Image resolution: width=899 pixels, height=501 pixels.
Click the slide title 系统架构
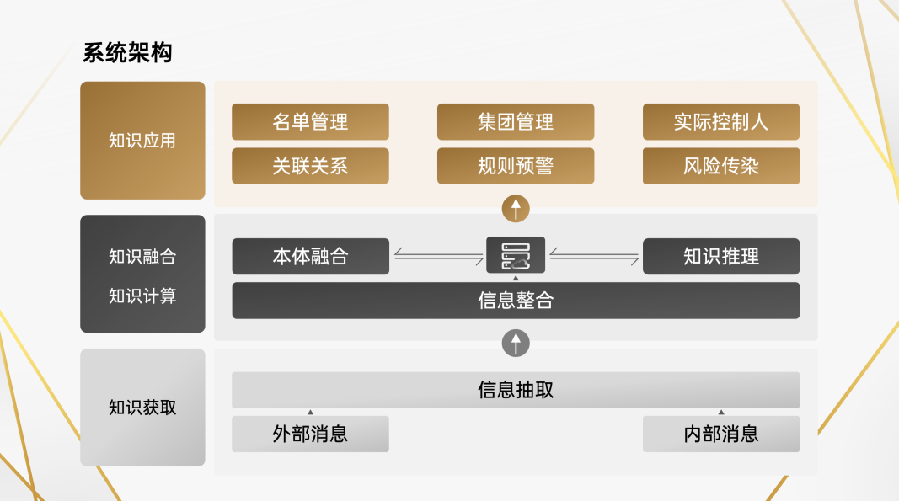coord(127,53)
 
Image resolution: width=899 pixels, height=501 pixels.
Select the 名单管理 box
coord(310,121)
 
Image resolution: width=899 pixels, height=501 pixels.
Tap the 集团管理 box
coord(516,121)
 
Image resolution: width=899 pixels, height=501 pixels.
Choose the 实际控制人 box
coord(720,121)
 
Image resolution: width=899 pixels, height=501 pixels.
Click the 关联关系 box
coord(310,166)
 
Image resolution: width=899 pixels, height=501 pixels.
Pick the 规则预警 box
coord(516,166)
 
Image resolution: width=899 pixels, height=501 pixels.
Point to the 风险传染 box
coord(720,166)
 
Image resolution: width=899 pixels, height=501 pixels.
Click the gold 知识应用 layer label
coord(142,141)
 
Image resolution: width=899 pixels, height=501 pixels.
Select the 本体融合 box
coord(310,256)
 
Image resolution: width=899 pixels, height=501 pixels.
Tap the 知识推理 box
coord(720,256)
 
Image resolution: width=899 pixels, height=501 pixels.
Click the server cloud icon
coord(516,255)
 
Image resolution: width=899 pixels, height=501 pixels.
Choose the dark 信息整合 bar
coord(516,301)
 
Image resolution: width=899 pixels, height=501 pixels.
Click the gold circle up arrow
coord(516,208)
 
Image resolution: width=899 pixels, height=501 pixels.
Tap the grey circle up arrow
coord(516,343)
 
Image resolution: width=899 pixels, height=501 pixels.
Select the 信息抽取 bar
coord(516,390)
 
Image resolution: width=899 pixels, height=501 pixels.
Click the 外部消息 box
coord(310,434)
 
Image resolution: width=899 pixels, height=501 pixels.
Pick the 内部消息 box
coord(720,434)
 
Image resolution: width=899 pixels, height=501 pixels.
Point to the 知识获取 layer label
coord(142,407)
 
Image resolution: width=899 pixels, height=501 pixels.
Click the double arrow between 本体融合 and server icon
coord(439,256)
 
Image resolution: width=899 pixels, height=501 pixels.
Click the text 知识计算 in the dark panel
coord(142,296)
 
